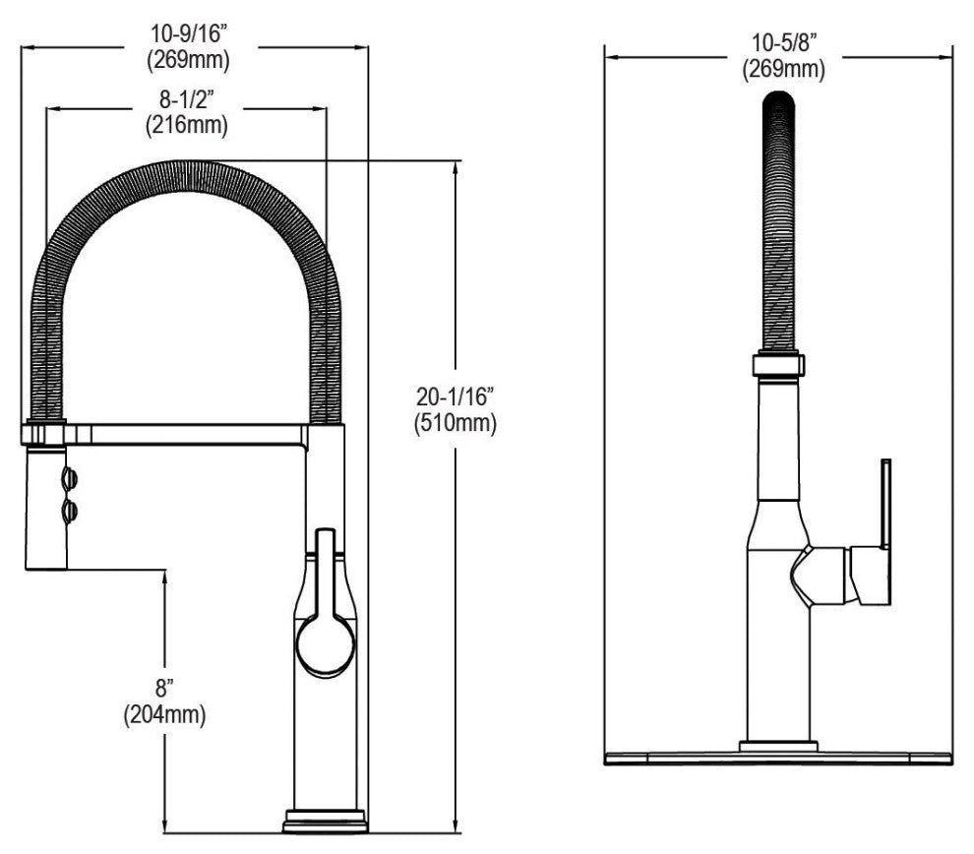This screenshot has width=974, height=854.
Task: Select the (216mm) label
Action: (x=187, y=125)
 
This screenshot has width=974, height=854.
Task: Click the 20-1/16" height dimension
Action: (x=455, y=397)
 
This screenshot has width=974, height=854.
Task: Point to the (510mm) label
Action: (x=456, y=424)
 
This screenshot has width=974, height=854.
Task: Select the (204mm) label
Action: (x=164, y=716)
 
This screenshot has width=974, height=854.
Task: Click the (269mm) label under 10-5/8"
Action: (x=783, y=69)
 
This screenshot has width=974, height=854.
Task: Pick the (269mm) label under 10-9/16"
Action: (x=188, y=61)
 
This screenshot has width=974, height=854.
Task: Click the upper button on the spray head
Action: (x=68, y=479)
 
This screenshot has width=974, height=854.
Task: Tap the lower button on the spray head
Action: (x=68, y=509)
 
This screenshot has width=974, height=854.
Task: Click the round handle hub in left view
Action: (x=324, y=644)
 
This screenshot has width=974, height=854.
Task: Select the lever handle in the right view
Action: (x=884, y=502)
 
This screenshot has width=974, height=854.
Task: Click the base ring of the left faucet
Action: (x=326, y=819)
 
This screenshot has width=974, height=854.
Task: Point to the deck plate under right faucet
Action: (x=777, y=758)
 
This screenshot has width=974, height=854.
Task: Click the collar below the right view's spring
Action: (x=778, y=365)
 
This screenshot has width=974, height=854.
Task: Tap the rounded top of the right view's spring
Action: (x=778, y=101)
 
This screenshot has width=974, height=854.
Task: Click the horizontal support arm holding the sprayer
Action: (x=187, y=435)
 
